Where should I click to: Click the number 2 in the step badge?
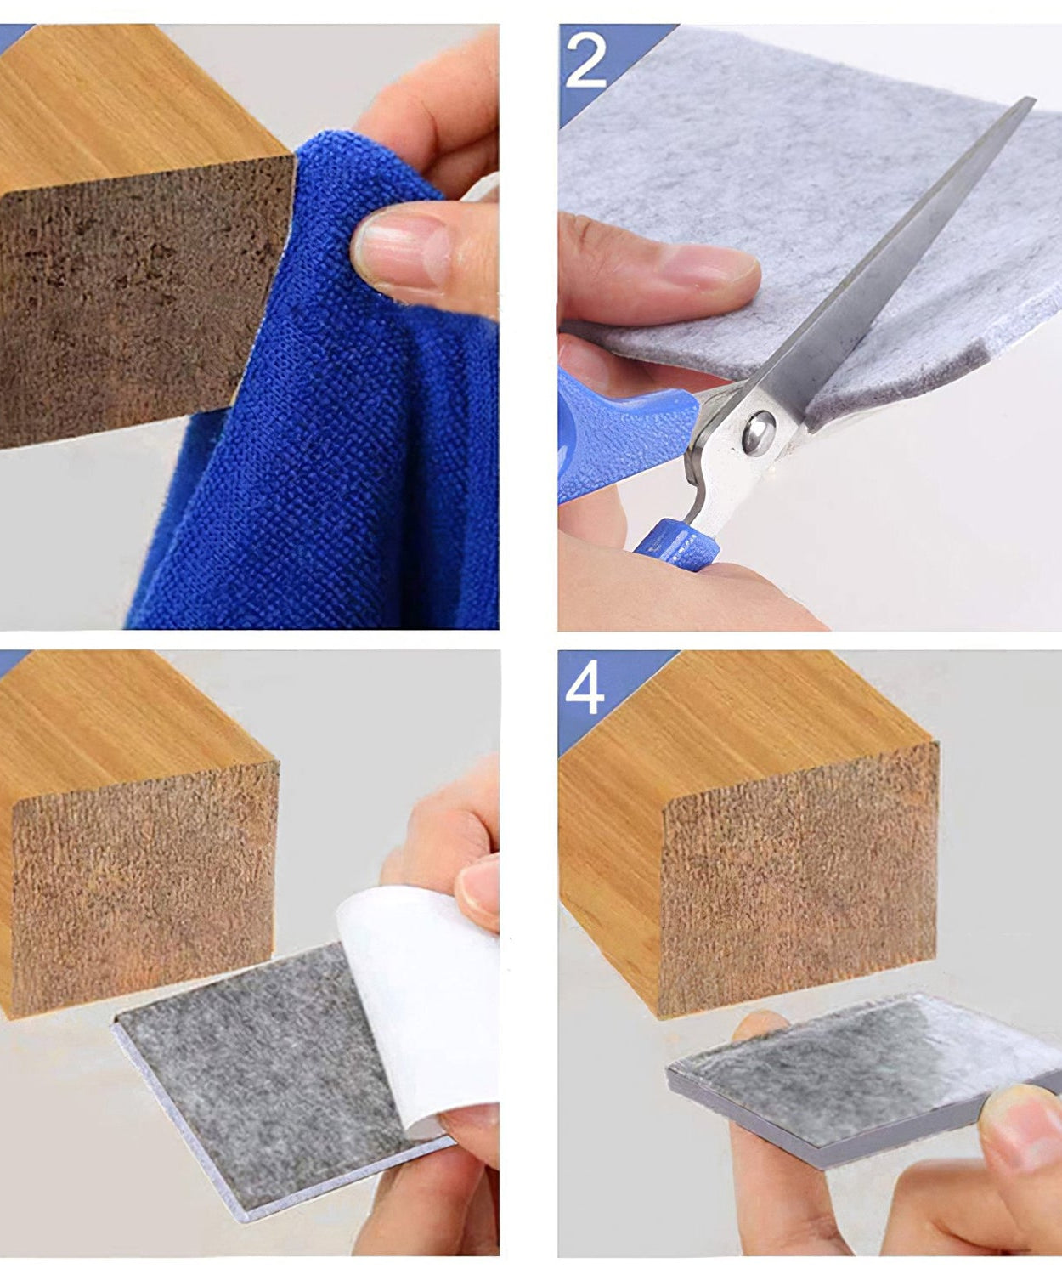[585, 59]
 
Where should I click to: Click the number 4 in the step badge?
[585, 688]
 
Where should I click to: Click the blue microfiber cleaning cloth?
[340, 442]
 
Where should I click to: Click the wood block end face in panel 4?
[799, 875]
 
